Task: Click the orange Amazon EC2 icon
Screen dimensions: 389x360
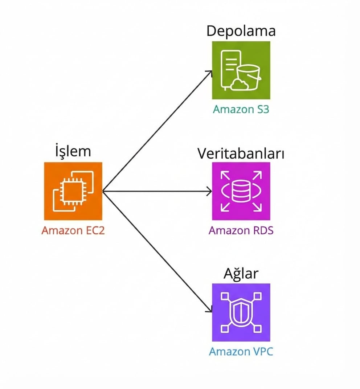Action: [73, 191]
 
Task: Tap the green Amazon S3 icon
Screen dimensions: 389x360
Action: [241, 70]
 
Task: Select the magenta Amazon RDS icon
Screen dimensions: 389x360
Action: [241, 191]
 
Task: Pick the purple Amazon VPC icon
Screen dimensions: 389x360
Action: [241, 312]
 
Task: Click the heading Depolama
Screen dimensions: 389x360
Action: [241, 31]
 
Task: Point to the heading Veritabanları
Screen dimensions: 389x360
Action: [241, 153]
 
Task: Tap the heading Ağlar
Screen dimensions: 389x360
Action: [241, 274]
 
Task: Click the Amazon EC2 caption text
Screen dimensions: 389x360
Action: [73, 230]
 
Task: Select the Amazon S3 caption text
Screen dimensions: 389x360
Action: [241, 109]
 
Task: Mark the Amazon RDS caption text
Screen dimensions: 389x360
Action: [241, 230]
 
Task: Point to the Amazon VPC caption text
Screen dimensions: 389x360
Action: [241, 352]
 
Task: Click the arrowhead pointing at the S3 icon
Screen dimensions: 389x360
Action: [210, 73]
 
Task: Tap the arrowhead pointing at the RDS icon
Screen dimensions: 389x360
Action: [209, 191]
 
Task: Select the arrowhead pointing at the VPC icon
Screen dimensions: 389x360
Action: [209, 310]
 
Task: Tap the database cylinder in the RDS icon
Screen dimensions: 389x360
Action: [241, 191]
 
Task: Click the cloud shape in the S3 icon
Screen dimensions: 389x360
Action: [240, 85]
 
